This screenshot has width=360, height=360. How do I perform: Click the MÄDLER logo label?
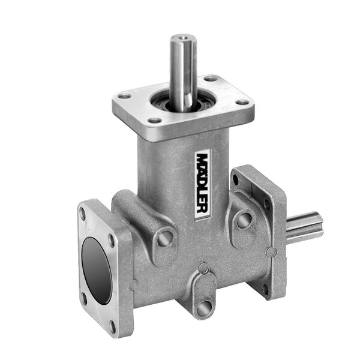pyautogui.click(x=202, y=184)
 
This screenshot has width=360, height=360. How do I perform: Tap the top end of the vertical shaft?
pyautogui.click(x=183, y=37)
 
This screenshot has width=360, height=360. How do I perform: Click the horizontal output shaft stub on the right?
pyautogui.click(x=305, y=227)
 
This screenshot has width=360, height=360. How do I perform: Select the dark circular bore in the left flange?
pyautogui.click(x=97, y=271)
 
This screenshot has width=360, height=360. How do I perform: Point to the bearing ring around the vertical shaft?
pyautogui.click(x=183, y=101)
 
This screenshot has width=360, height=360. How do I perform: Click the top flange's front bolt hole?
pyautogui.click(x=154, y=121)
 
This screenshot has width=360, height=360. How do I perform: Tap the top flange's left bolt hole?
pyautogui.click(x=124, y=96)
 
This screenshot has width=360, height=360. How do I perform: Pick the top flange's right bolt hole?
pyautogui.click(x=242, y=103)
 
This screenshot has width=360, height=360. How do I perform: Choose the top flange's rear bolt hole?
pyautogui.click(x=211, y=79)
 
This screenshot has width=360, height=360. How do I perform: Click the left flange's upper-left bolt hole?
pyautogui.click(x=82, y=214)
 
